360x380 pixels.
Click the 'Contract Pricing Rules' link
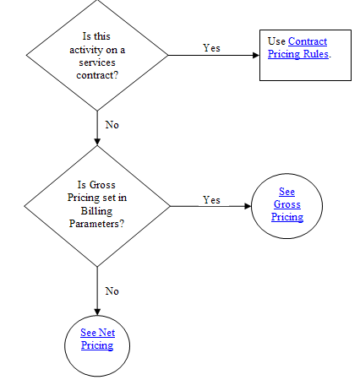click(298, 47)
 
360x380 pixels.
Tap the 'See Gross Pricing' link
click(287, 204)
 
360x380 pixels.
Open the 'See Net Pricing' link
click(97, 339)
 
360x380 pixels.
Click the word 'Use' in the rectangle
click(276, 41)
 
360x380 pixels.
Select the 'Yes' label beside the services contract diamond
click(211, 48)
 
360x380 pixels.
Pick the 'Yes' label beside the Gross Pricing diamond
click(211, 200)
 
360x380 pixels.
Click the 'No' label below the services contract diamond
click(112, 125)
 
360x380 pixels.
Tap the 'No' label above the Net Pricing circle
click(112, 291)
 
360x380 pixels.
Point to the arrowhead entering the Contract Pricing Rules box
click(256, 55)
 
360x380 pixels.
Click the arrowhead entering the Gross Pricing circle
click(248, 206)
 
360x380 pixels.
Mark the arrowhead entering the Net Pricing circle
click(97, 312)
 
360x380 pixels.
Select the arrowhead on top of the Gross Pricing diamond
click(97, 142)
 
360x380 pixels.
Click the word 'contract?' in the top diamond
click(97, 75)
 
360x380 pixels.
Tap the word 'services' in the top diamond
click(97, 62)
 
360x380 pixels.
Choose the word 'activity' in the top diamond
click(86, 50)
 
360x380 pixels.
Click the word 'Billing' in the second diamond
click(96, 211)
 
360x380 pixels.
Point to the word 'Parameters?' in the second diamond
click(96, 224)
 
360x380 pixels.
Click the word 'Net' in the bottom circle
click(106, 333)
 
